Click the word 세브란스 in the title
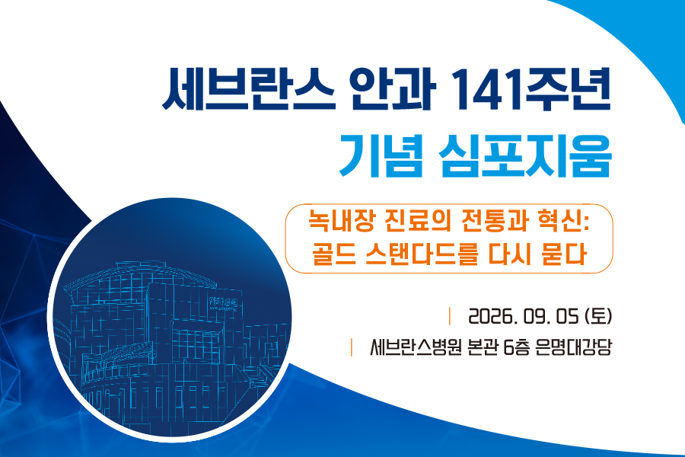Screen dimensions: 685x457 coord(249,90)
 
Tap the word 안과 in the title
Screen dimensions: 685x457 coord(395,90)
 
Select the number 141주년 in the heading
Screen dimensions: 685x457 coord(530,90)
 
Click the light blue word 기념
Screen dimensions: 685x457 coord(381,155)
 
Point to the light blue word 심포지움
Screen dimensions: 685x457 coord(525,155)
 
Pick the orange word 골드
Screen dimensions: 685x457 coord(333,254)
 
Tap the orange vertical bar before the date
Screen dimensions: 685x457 coord(450,316)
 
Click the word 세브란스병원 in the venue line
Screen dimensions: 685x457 coord(416,347)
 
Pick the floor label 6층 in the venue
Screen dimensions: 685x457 coord(517,347)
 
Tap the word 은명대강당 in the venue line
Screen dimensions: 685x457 coord(573,347)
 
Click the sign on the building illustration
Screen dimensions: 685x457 coord(223,303)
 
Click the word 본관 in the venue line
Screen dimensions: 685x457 coord(483,347)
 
